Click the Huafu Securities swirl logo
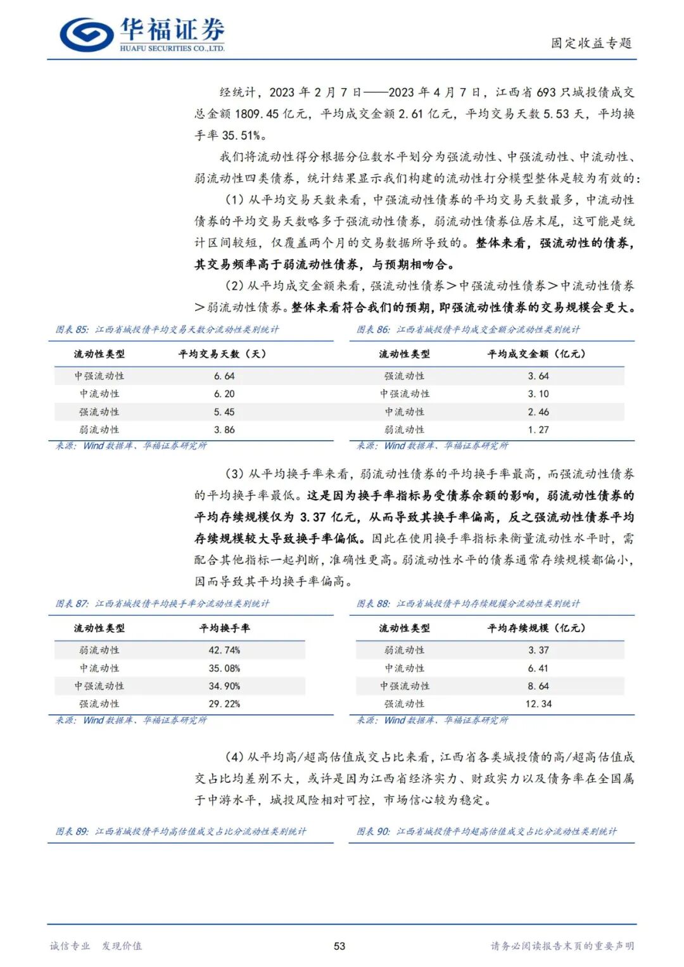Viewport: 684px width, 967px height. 87,34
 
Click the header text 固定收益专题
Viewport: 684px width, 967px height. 591,43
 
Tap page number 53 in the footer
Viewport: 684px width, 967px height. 339,946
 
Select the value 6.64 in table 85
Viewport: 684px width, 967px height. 224,376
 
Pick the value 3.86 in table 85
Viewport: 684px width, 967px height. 224,430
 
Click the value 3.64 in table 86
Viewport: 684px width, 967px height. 538,376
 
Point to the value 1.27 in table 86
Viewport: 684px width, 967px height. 538,430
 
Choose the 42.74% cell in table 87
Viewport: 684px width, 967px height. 224,650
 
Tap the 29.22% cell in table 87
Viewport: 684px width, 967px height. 224,704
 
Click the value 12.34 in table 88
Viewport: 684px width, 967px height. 538,704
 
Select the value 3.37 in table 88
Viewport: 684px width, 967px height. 538,650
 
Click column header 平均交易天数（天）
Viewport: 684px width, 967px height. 222,354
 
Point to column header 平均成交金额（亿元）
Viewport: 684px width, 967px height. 536,354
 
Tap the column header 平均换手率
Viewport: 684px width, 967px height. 224,628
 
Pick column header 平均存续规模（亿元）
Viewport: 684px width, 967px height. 536,628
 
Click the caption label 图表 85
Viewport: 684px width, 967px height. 72,330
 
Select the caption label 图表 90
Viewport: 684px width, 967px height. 373,831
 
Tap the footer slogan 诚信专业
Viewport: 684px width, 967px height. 70,946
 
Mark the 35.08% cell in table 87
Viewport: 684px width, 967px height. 224,669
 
